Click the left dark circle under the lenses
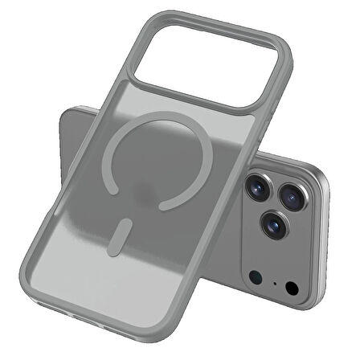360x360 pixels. (x=255, y=277)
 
